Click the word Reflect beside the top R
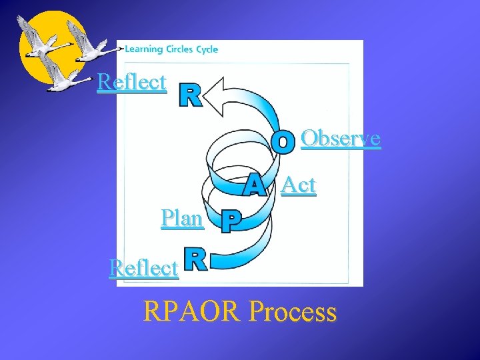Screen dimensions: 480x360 (x=131, y=83)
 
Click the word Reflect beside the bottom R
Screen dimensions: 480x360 (x=144, y=268)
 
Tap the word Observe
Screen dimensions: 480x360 (x=341, y=138)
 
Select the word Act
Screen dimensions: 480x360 (x=298, y=185)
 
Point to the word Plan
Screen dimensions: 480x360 (x=182, y=218)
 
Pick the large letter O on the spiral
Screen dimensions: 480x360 (x=284, y=141)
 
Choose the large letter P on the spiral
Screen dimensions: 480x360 (x=230, y=222)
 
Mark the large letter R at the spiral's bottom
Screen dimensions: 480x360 (x=195, y=259)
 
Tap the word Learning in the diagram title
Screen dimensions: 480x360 (x=144, y=49)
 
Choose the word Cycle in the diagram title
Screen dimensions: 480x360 (x=207, y=49)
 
